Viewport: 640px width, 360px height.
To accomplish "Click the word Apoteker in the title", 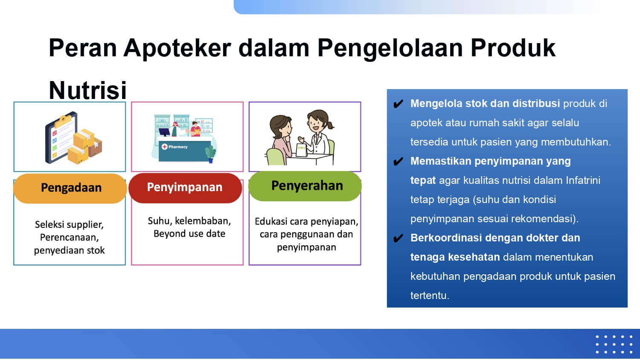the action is pos(177,48).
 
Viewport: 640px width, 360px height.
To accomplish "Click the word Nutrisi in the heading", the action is pos(88,90).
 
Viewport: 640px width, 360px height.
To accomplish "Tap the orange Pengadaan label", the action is pos(70,188).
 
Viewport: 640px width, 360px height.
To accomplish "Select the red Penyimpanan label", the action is pos(185,188).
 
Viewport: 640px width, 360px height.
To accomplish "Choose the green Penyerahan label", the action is pos(305,186).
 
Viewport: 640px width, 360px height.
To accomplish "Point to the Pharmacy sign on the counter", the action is pos(175,147).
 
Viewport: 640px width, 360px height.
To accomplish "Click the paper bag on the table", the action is pos(302,150).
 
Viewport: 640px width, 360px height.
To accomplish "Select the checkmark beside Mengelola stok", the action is pos(398,104).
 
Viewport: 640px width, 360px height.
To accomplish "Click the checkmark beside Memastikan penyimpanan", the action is pos(398,161).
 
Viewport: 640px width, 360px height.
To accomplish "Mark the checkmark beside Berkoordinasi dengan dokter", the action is pos(398,238).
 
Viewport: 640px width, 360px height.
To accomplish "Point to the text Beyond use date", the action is pos(189,234).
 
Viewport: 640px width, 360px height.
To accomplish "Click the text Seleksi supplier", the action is pos(69,225).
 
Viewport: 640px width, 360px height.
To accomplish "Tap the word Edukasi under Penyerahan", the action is pos(271,221).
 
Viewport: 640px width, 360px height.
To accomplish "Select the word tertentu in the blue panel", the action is pos(430,296).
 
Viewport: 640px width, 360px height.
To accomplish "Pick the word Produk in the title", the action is pos(513,48).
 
